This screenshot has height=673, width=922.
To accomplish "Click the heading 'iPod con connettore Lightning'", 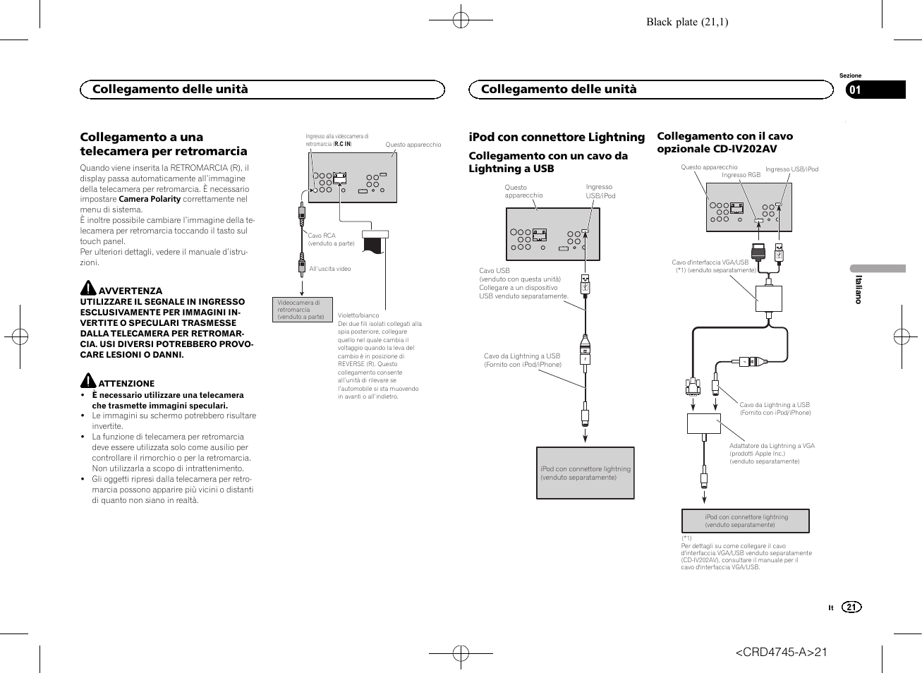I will pos(557,137).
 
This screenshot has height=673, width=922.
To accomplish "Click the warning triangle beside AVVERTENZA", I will pos(87,288).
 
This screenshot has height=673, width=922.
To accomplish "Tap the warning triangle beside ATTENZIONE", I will pos(87,381).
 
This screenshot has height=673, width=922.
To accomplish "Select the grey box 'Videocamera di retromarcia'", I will pos(302,310).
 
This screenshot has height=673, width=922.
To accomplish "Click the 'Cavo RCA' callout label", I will pos(322,236).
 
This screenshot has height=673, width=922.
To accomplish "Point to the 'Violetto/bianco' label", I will pos(358,315).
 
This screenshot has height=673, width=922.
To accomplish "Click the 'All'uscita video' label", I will pos(329,269).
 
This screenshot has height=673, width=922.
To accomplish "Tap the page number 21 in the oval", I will pos(851,607).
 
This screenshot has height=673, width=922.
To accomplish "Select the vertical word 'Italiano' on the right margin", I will pos(859,289).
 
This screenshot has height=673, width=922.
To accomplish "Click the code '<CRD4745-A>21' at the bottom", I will pos(781,652).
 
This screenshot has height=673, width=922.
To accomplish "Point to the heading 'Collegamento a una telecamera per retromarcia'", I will pos(164,144).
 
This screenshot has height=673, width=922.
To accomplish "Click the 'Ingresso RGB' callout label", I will pos(741,175).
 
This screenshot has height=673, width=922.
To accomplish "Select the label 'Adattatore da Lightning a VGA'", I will pos(772,446).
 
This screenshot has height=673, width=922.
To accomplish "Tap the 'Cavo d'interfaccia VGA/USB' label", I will pos(710,262).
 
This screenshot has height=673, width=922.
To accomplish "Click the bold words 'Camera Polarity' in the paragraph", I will pos(150,199).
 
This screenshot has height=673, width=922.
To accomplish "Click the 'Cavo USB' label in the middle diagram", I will pos(494,271).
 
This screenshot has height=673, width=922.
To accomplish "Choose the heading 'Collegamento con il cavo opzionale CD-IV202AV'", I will pos(724,142).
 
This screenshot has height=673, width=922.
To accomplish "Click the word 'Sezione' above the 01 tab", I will pos(850,75).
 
